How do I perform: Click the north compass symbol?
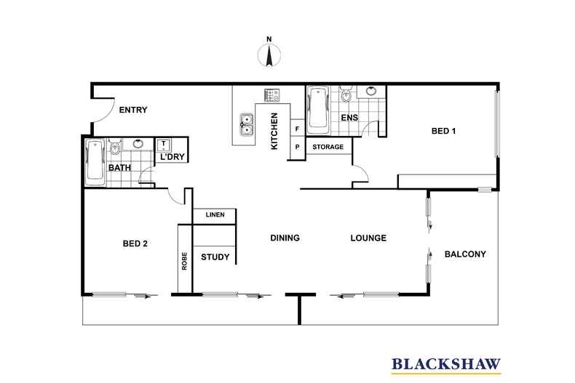pyautogui.click(x=269, y=55)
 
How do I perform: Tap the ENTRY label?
pyautogui.click(x=133, y=110)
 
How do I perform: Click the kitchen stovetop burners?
pyautogui.click(x=271, y=95)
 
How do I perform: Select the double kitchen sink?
pyautogui.click(x=247, y=125)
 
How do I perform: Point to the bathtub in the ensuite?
pyautogui.click(x=317, y=110)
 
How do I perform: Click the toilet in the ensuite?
pyautogui.click(x=346, y=94)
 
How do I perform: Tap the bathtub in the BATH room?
pyautogui.click(x=95, y=162)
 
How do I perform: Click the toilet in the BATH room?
pyautogui.click(x=115, y=148)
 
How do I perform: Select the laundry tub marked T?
pyautogui.click(x=163, y=145)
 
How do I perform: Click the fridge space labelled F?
pyautogui.click(x=298, y=129)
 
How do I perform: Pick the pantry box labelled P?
pyautogui.click(x=298, y=148)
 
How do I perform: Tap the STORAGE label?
pyautogui.click(x=328, y=147)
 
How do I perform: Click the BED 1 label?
pyautogui.click(x=443, y=131)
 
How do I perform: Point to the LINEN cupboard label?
pyautogui.click(x=215, y=214)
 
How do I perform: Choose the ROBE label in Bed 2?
pyautogui.click(x=184, y=261)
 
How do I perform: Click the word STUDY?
pyautogui.click(x=215, y=257)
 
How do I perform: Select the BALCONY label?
pyautogui.click(x=465, y=254)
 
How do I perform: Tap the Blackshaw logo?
pyautogui.click(x=446, y=365)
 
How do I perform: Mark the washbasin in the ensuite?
pyautogui.click(x=371, y=91)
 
